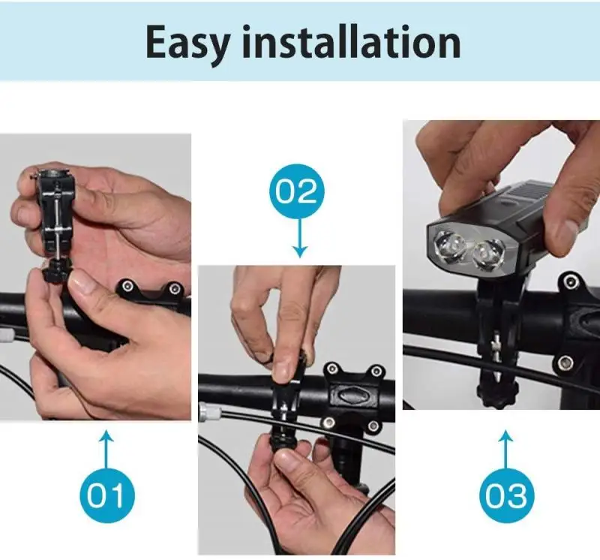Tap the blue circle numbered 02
(x=299, y=193)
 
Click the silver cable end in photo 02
(x=205, y=410)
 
